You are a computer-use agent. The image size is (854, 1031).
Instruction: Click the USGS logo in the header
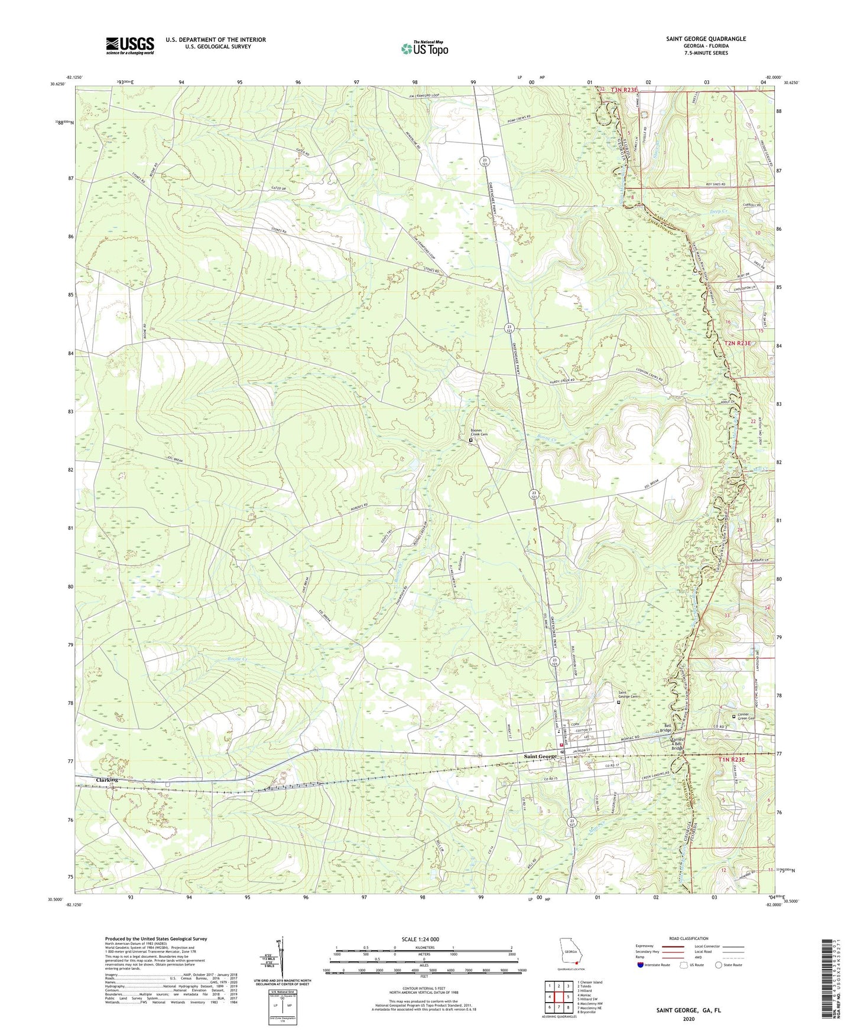click(130, 45)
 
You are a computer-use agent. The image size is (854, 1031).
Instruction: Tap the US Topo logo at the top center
click(423, 48)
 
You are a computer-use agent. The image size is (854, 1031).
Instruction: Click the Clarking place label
click(108, 779)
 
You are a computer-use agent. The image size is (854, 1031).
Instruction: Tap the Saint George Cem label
click(628, 696)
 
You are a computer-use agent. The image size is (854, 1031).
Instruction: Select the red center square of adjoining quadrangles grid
click(559, 996)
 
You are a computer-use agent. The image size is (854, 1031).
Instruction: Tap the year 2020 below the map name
click(689, 1018)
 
